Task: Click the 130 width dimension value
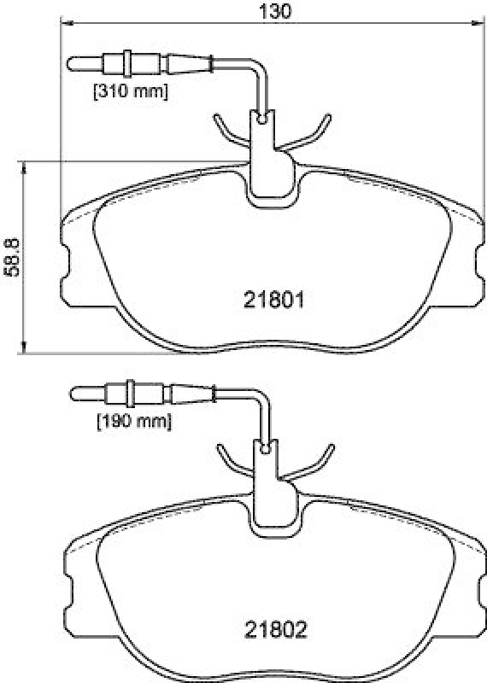coord(275,11)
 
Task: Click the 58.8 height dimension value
coord(12,257)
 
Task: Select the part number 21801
coord(273,301)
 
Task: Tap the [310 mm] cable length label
coord(131,91)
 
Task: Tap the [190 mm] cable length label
coord(134,421)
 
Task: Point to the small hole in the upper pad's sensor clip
coord(262,118)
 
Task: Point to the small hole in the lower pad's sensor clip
coord(266,448)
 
